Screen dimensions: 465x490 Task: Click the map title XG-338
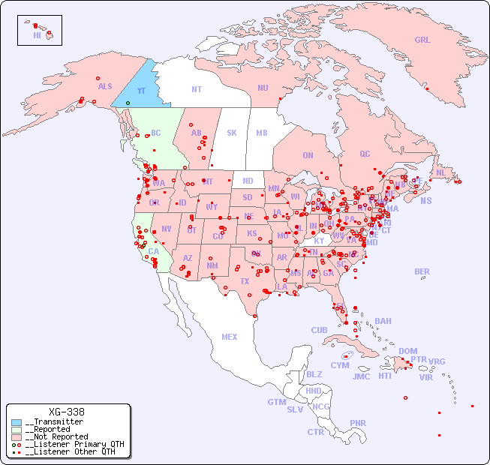[x=66, y=412]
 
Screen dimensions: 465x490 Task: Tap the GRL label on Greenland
[x=422, y=40]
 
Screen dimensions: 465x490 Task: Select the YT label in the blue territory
[x=141, y=91]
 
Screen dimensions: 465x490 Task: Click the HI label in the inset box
[x=37, y=35]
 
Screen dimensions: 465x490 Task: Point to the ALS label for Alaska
[x=105, y=86]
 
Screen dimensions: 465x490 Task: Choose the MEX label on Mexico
[x=230, y=337]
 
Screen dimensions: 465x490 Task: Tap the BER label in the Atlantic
[x=422, y=271]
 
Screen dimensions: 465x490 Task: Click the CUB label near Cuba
[x=319, y=330]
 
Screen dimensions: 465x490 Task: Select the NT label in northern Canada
[x=197, y=89]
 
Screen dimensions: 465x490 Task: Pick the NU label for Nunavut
[x=263, y=88]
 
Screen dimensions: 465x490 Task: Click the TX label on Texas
[x=245, y=281]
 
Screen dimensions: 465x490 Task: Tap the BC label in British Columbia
[x=156, y=133]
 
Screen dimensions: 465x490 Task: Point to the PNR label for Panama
[x=358, y=423]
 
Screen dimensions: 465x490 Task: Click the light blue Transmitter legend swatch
[x=17, y=422]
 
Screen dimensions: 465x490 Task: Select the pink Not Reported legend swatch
[x=17, y=436]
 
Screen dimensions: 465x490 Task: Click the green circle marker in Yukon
[x=128, y=103]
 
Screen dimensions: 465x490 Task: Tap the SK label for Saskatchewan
[x=231, y=133]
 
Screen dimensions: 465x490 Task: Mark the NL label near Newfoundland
[x=441, y=172]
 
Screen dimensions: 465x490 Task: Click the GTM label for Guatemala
[x=276, y=402]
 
